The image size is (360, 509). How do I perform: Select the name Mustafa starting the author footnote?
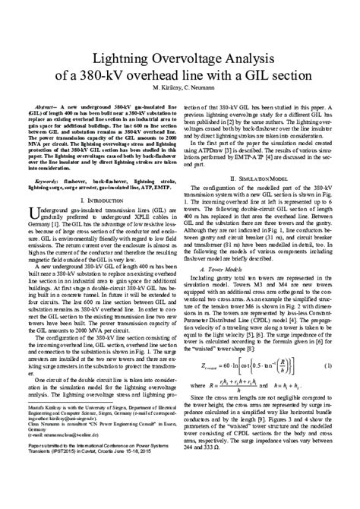click(38, 428)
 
